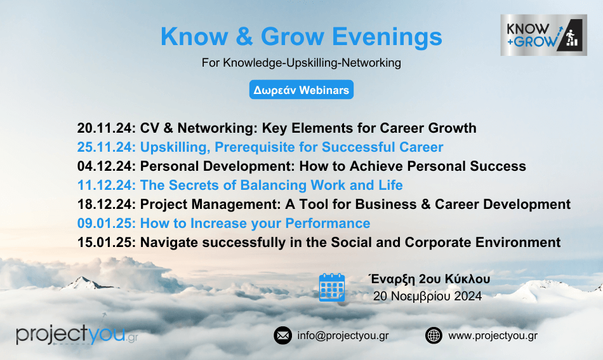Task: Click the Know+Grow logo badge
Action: [543, 35]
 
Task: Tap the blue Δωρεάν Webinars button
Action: [301, 90]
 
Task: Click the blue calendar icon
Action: [332, 288]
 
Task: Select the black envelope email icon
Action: [282, 335]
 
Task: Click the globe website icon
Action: [434, 335]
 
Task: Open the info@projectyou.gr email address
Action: [343, 336]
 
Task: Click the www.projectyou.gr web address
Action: [493, 336]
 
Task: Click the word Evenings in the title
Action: [387, 37]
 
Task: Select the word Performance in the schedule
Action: [328, 223]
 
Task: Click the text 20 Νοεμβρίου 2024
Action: [427, 296]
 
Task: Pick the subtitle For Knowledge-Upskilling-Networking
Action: [301, 63]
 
